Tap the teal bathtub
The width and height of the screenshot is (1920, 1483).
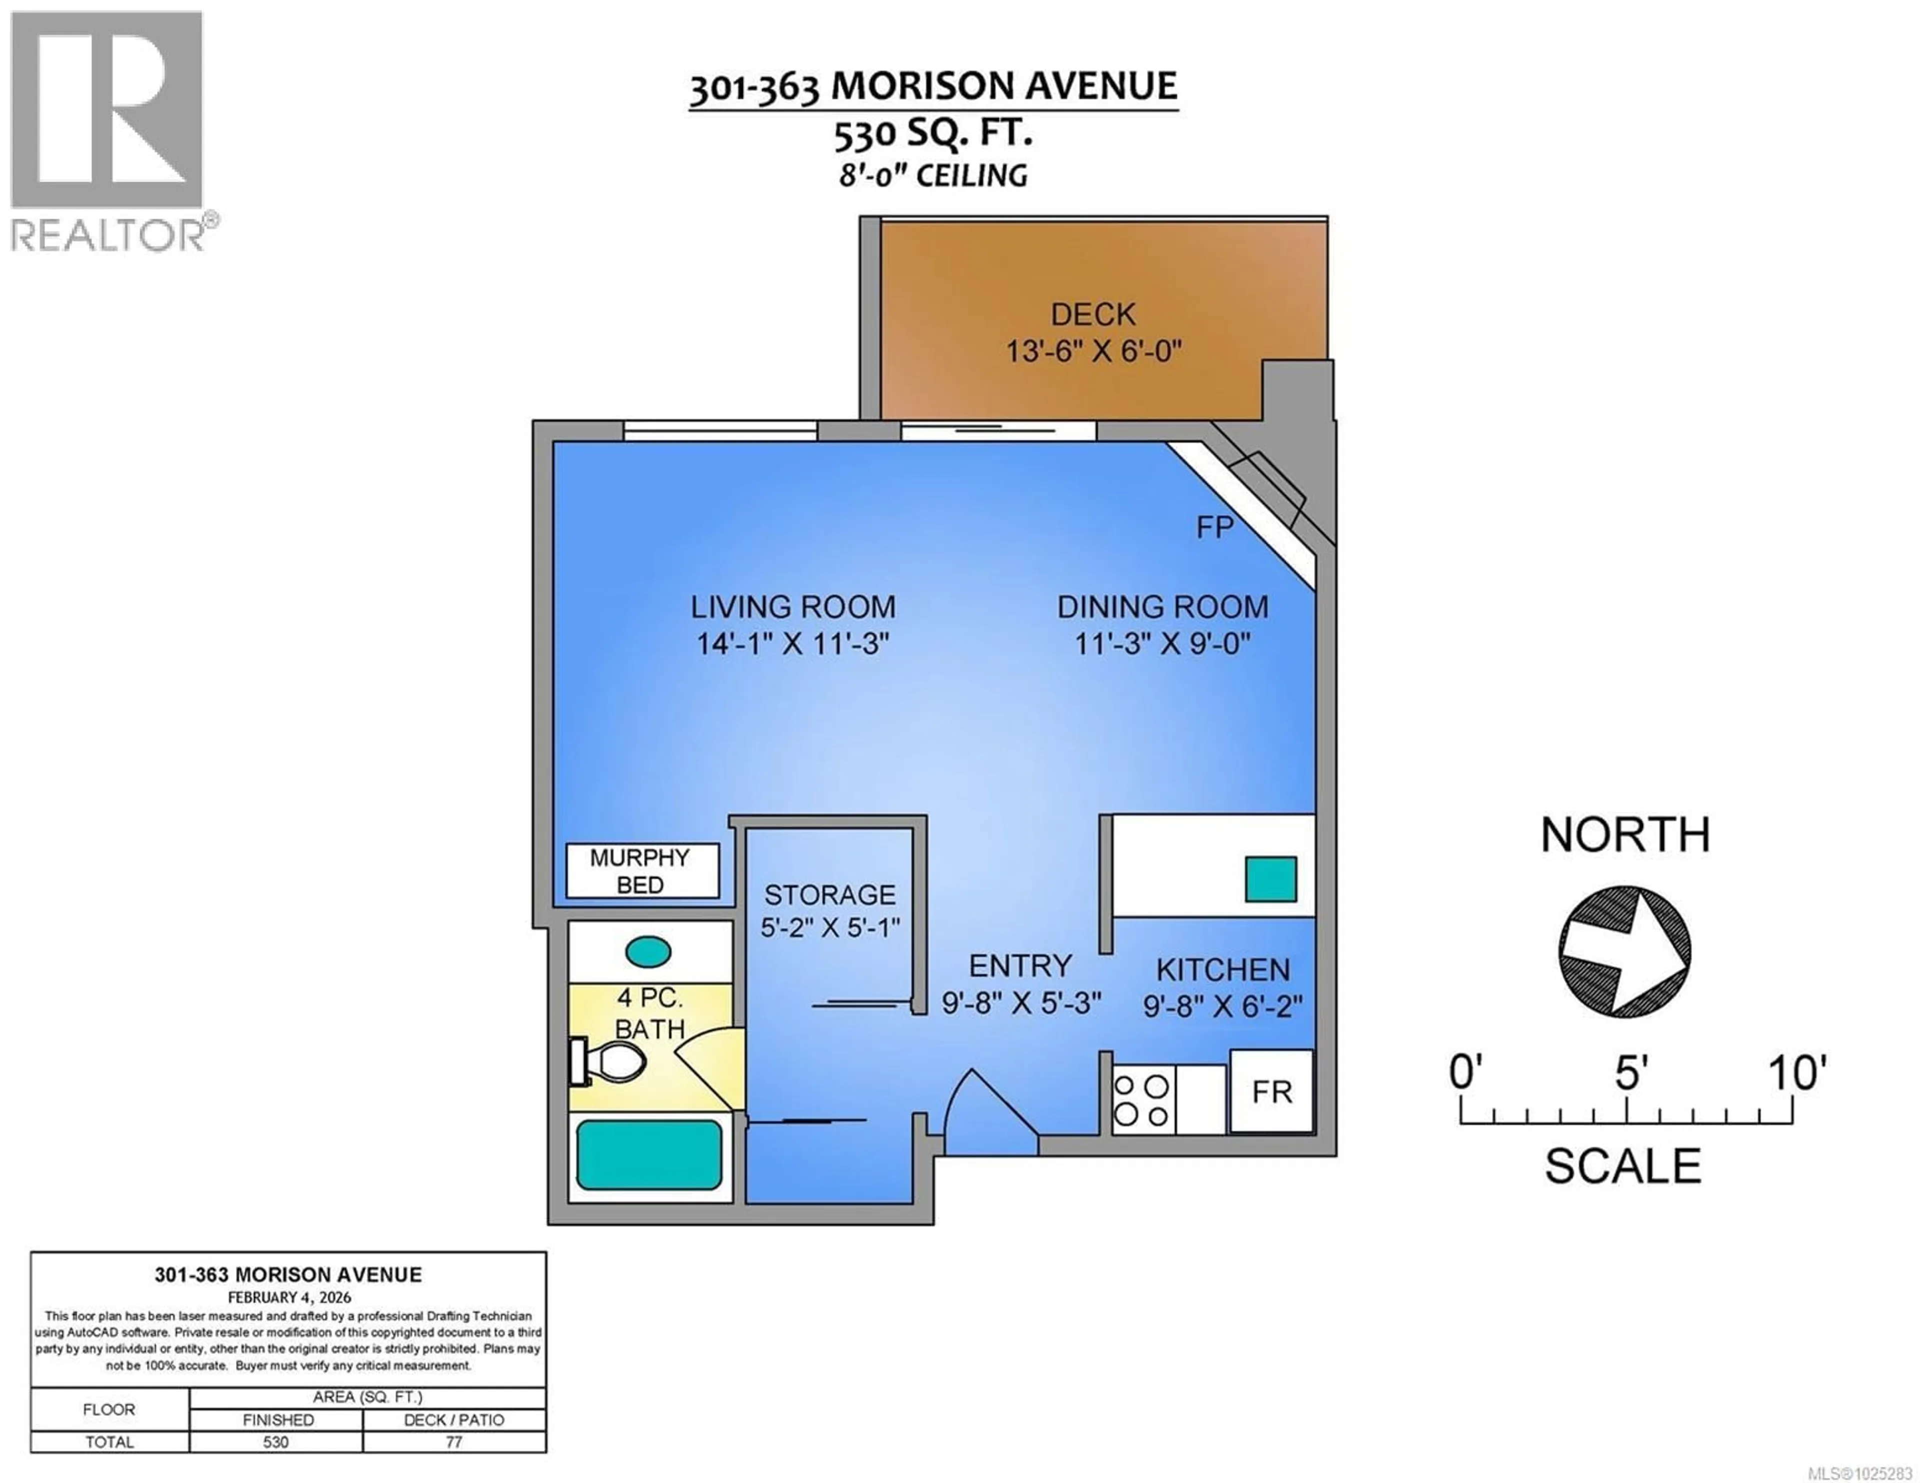(649, 1155)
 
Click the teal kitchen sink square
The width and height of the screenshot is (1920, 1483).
(1270, 879)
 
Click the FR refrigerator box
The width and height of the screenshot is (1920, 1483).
(1271, 1091)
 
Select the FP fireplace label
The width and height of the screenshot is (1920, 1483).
(1215, 527)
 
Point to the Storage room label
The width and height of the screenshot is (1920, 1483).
(829, 895)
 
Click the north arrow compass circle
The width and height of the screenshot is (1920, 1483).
(1624, 952)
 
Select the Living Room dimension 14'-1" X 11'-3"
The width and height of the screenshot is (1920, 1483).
(793, 644)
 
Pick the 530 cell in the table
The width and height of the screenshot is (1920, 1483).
(276, 1442)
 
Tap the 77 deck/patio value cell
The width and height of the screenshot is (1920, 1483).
(453, 1442)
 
